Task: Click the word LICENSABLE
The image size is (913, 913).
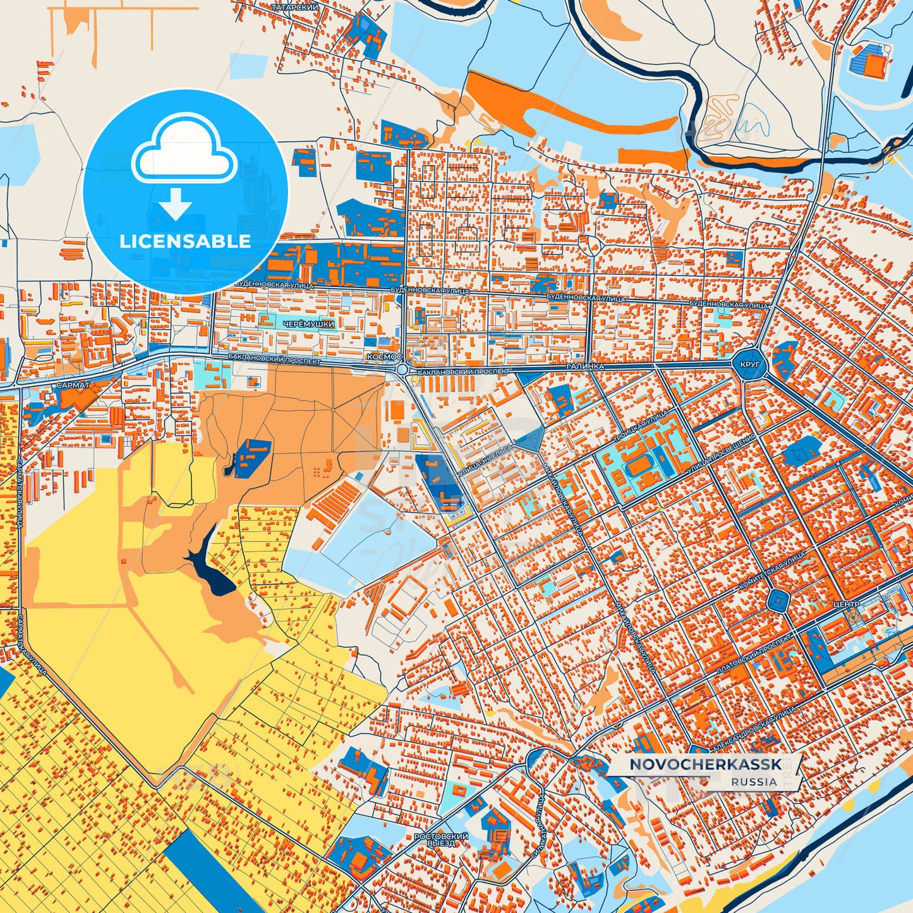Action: (x=184, y=241)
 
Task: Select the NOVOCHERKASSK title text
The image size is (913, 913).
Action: (x=705, y=765)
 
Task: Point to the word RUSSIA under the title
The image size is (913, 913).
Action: (x=754, y=782)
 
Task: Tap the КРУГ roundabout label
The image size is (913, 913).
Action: (x=749, y=365)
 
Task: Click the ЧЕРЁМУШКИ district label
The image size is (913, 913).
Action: (x=309, y=324)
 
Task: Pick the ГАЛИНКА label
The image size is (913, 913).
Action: (x=585, y=366)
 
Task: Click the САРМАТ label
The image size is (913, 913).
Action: (x=73, y=384)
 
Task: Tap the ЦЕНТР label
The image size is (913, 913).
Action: (x=846, y=605)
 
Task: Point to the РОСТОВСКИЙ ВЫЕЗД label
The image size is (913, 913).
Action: (x=440, y=839)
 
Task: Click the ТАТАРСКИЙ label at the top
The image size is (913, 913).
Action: (x=294, y=7)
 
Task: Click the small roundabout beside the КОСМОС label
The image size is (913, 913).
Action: (x=402, y=368)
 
